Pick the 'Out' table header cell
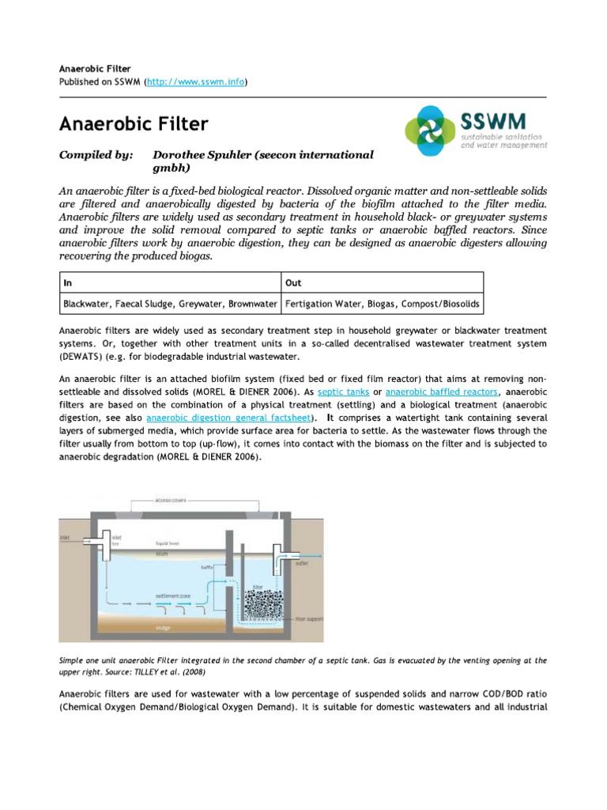[x=294, y=282]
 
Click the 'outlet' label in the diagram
[x=303, y=564]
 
